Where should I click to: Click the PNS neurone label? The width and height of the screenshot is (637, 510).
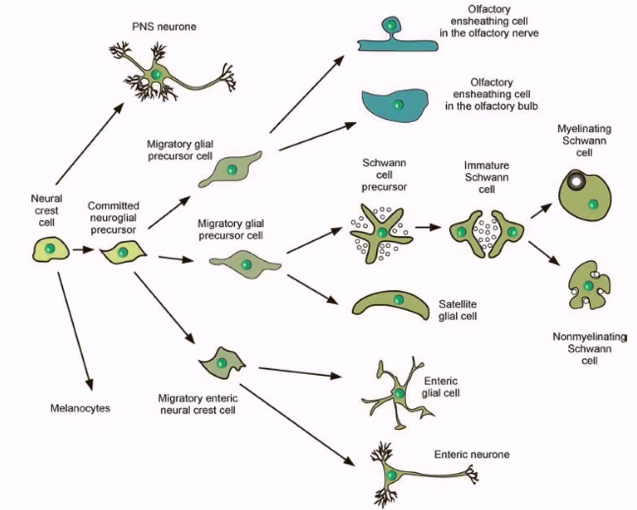tap(164, 27)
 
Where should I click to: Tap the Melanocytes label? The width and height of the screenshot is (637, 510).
tap(80, 408)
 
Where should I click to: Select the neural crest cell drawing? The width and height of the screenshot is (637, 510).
tap(50, 249)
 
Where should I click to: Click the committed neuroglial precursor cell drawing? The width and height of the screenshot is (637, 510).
tap(123, 252)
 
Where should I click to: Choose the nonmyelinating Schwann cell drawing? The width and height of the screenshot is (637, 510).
tap(589, 285)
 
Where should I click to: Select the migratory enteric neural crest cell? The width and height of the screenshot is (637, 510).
tap(222, 363)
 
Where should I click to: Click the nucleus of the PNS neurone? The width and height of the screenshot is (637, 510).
tap(156, 74)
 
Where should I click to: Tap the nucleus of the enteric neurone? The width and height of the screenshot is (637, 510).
tap(392, 475)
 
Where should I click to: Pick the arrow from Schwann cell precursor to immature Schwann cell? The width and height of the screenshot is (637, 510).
tap(427, 227)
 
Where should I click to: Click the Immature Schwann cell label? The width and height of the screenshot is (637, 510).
tap(486, 177)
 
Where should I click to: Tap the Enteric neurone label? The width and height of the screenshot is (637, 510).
tap(471, 454)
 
